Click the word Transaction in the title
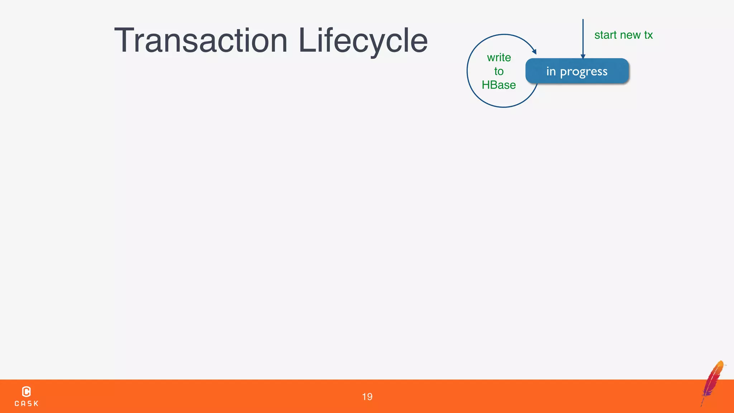tap(201, 41)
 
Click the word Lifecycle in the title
tap(363, 41)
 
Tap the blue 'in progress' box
tap(577, 71)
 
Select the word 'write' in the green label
tap(499, 57)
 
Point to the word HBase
tap(499, 85)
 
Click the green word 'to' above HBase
tap(499, 71)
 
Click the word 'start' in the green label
tap(605, 35)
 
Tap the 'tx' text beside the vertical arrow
tap(648, 35)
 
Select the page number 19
tap(367, 397)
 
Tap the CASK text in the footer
tap(27, 404)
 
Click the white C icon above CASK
tap(27, 391)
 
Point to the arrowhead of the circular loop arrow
tap(534, 52)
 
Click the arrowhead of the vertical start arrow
tap(583, 56)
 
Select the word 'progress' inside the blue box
tap(583, 72)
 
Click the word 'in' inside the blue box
tap(551, 71)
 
